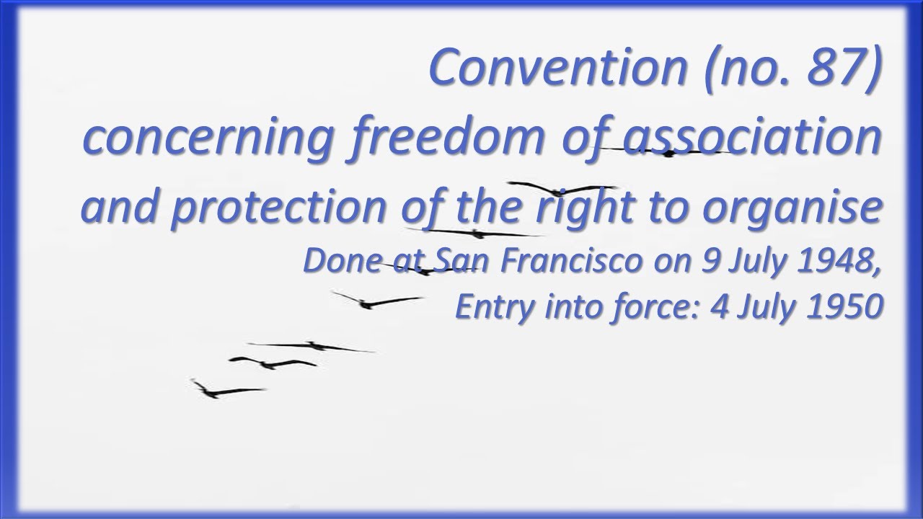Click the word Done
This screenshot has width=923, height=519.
(x=337, y=261)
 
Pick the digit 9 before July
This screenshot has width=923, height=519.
(x=712, y=261)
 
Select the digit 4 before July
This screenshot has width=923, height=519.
(x=717, y=307)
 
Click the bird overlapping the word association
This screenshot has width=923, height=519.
(x=667, y=152)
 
